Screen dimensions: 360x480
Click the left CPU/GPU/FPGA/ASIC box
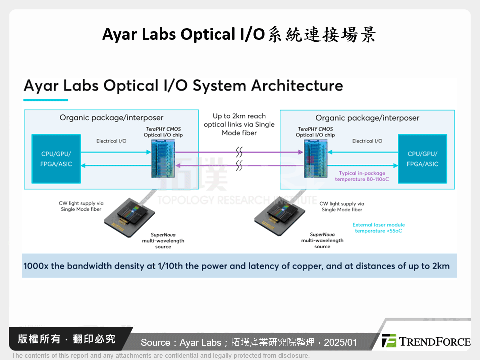[x=56, y=159]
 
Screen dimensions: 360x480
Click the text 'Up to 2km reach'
[x=239, y=116]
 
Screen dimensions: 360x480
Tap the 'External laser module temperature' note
[x=378, y=228]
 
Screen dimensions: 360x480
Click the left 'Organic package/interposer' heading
[x=111, y=118]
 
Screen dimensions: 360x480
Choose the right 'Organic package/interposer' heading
[x=367, y=118]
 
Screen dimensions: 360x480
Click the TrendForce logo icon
[x=388, y=341]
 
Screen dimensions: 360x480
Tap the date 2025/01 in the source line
[x=341, y=342]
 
